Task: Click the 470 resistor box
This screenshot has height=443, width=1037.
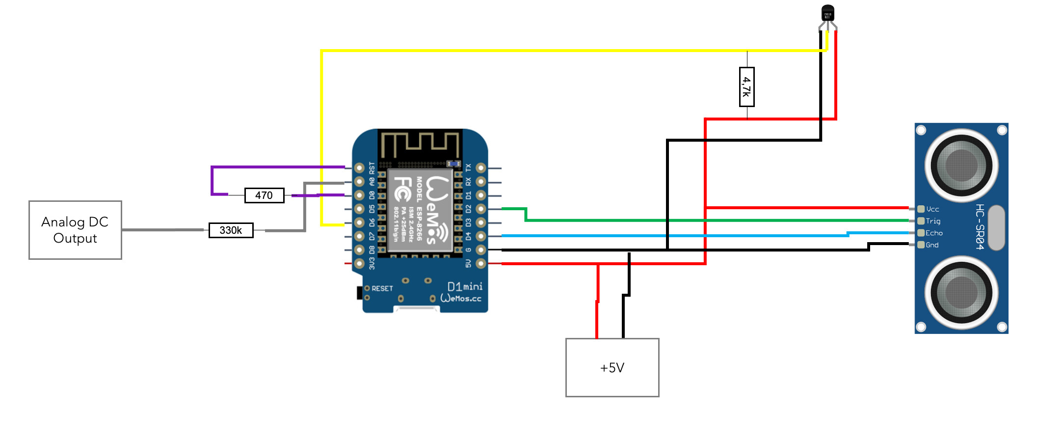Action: pos(264,195)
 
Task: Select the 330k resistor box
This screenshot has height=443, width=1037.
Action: pos(231,230)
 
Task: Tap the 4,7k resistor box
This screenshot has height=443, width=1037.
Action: pos(746,87)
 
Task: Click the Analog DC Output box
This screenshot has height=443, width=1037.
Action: pos(75,230)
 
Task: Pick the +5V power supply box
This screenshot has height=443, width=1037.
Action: pos(612,367)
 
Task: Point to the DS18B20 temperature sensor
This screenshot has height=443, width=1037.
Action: pos(827,13)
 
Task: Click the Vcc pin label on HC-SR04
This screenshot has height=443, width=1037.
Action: pos(932,209)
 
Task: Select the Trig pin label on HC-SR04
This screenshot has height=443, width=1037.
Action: pos(932,221)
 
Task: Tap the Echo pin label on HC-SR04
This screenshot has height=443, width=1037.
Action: pos(933,233)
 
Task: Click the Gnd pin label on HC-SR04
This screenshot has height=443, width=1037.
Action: pos(931,245)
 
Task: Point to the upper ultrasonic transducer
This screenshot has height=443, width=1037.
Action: pos(961,165)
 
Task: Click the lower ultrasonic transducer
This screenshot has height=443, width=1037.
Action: pos(961,293)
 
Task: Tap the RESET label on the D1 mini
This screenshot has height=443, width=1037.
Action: pos(382,288)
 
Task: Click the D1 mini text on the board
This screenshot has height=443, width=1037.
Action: pos(464,286)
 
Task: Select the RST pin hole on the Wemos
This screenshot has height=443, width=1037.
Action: pos(359,168)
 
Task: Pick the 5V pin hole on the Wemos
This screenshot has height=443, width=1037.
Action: pos(481,264)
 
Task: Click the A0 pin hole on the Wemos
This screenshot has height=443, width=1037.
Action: pos(359,182)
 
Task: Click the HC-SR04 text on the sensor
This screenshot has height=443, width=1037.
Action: pos(980,226)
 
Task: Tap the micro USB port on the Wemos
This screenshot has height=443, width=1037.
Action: pos(417,309)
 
